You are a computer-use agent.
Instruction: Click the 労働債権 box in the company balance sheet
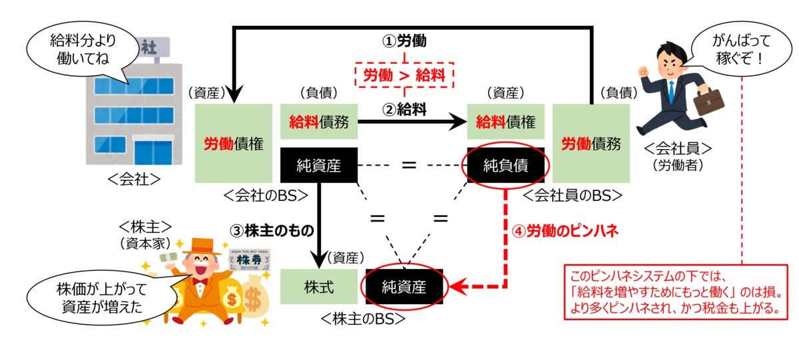click(234, 143)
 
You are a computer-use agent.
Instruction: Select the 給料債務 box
click(319, 122)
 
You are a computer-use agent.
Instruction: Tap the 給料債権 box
click(506, 122)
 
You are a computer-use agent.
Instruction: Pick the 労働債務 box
click(591, 143)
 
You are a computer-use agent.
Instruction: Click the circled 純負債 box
click(506, 166)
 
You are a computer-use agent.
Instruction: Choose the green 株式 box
click(319, 287)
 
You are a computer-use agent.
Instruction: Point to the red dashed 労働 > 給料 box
click(404, 75)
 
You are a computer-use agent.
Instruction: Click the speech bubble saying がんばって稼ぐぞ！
click(741, 49)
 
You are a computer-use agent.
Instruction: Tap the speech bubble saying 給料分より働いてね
click(83, 49)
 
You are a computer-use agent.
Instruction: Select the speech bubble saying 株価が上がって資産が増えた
click(102, 297)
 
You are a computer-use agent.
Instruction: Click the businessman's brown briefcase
click(708, 101)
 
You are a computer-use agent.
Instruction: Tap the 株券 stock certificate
click(249, 260)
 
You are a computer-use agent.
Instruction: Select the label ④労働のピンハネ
click(565, 231)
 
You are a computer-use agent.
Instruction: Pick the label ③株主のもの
click(272, 231)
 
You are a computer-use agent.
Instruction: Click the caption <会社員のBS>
click(573, 196)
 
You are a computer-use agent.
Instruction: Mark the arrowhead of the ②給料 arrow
click(458, 122)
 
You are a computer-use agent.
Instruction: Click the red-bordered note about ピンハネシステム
click(676, 292)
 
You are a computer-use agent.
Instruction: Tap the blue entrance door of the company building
click(153, 152)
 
